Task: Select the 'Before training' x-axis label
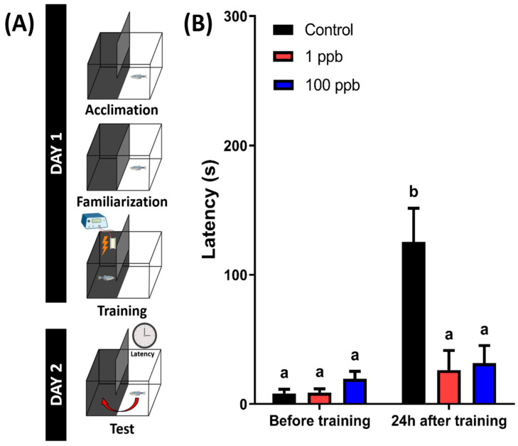[x=320, y=421]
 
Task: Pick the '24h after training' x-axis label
[x=449, y=421]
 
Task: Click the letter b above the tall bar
[x=413, y=191]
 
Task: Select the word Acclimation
[x=121, y=110]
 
